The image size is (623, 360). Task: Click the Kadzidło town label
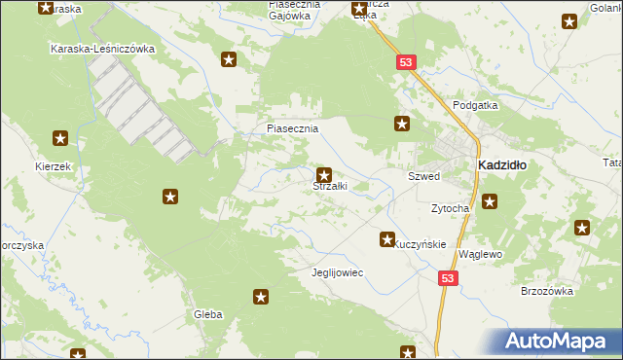pyautogui.click(x=501, y=165)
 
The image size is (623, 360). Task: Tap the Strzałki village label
pyautogui.click(x=329, y=187)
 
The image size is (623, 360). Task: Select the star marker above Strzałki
pyautogui.click(x=324, y=175)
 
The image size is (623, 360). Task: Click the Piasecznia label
pyautogui.click(x=293, y=128)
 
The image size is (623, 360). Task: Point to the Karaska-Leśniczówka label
pyautogui.click(x=102, y=49)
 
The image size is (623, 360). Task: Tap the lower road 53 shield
pyautogui.click(x=447, y=278)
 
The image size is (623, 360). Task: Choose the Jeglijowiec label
pyautogui.click(x=336, y=272)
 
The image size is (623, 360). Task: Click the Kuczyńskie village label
pyautogui.click(x=420, y=245)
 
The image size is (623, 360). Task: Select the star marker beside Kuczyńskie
pyautogui.click(x=387, y=238)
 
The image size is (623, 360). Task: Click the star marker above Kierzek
pyautogui.click(x=60, y=138)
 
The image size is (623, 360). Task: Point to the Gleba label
pyautogui.click(x=208, y=314)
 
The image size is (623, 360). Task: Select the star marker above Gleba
pyautogui.click(x=260, y=297)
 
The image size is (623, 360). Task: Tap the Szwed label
pyautogui.click(x=423, y=177)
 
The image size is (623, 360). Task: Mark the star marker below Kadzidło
pyautogui.click(x=490, y=202)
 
